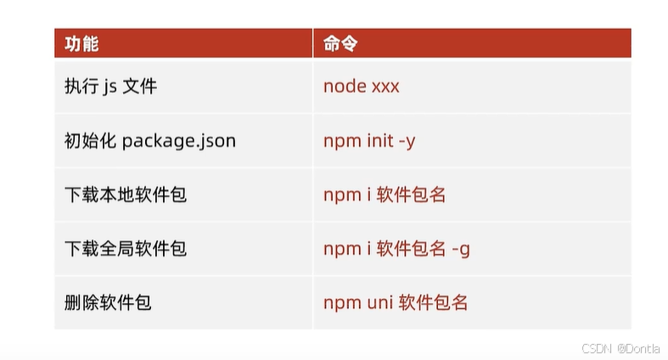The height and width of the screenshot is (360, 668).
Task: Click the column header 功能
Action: tap(81, 43)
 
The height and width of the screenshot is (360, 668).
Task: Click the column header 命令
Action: tap(340, 43)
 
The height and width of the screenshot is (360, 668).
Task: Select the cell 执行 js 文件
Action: tap(110, 87)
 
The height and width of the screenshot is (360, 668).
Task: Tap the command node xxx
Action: tap(361, 87)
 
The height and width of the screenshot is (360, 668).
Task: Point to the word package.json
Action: tap(178, 141)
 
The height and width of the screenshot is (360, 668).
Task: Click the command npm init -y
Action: tap(369, 141)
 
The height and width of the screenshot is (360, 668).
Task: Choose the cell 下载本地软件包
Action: tap(125, 194)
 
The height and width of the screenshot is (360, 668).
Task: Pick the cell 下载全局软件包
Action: tap(125, 249)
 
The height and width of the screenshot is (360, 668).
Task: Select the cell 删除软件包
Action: tap(107, 302)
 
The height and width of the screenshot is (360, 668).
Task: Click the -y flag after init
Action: tap(407, 141)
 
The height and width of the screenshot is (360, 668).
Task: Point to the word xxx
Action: tap(385, 87)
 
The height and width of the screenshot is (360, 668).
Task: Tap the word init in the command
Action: tap(379, 141)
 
